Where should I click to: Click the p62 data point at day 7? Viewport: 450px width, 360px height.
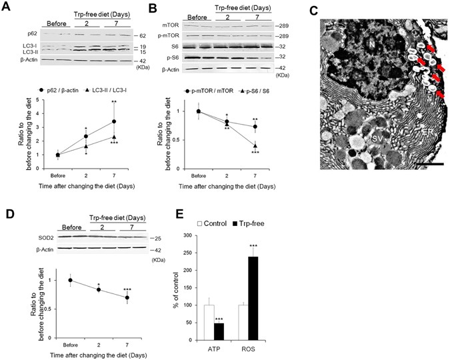(114, 121)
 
